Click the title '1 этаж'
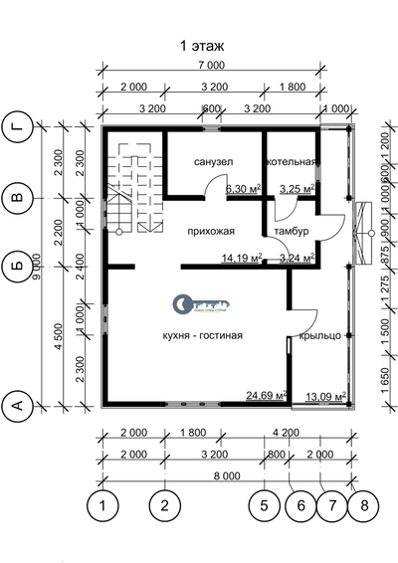(x=203, y=46)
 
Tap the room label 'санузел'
(x=213, y=163)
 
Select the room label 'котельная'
(x=291, y=163)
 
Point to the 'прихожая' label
(x=210, y=232)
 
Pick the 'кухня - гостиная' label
(x=202, y=335)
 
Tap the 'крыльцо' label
(x=320, y=335)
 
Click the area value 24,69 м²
(x=267, y=396)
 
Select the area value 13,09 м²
(x=325, y=396)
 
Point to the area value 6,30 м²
(x=243, y=188)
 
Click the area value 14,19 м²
(x=242, y=258)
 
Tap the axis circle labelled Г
(x=16, y=127)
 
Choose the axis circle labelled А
(x=16, y=405)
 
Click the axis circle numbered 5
(x=264, y=506)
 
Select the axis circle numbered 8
(x=365, y=506)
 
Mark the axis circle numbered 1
(x=102, y=506)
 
